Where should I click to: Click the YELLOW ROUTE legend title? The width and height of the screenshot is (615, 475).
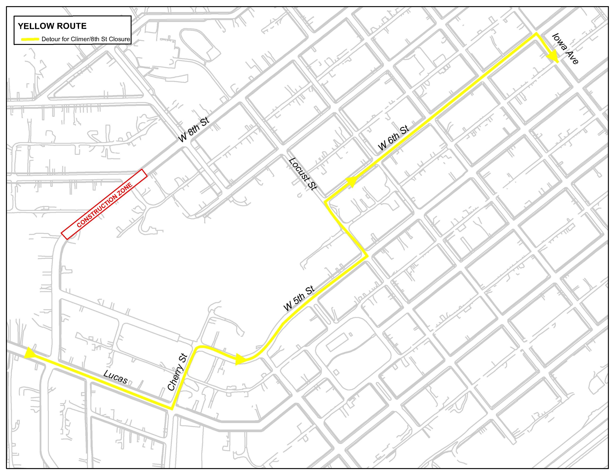(x=52, y=26)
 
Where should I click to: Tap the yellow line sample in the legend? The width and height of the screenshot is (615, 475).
(x=30, y=39)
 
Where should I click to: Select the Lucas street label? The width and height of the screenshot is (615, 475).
(x=115, y=377)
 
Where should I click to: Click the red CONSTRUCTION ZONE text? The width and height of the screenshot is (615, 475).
(x=104, y=205)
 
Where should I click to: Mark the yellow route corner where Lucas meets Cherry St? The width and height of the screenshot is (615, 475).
(x=172, y=409)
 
